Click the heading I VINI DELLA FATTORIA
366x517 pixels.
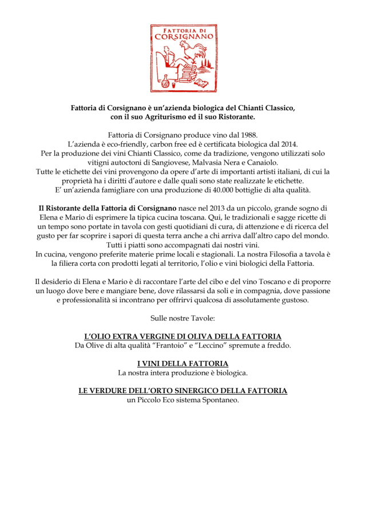pos(183,363)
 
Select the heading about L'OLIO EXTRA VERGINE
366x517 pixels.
pos(183,336)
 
